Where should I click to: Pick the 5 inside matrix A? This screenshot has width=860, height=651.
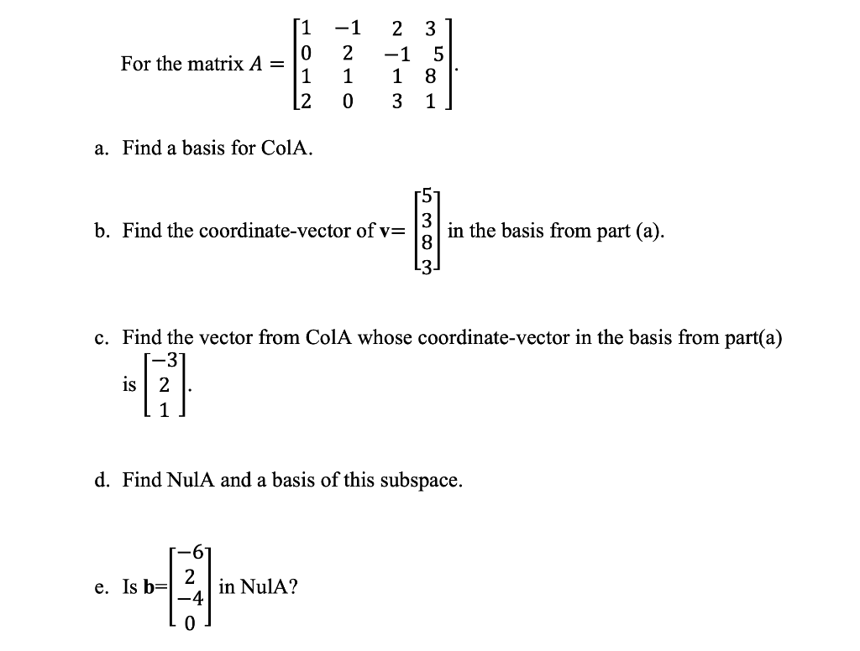(438, 55)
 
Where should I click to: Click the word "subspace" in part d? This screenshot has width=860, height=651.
(424, 481)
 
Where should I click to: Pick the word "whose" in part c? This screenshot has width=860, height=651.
(385, 338)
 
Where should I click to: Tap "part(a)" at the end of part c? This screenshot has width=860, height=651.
(753, 338)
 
